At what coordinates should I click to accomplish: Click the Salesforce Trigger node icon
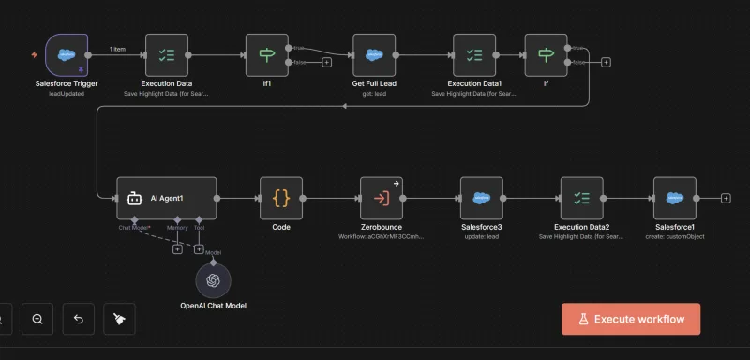click(x=67, y=54)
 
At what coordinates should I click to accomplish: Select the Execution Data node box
click(x=168, y=54)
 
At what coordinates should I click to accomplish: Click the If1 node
click(x=267, y=54)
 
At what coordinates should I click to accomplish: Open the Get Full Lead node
click(x=375, y=54)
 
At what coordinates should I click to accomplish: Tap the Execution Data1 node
click(x=473, y=54)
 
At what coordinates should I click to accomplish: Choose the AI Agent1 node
click(x=166, y=199)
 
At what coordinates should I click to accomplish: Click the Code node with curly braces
click(x=281, y=199)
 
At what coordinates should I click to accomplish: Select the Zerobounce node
click(x=382, y=199)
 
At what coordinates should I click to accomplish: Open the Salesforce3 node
click(x=481, y=199)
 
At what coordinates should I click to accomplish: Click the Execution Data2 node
click(x=581, y=199)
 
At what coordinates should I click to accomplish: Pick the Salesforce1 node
click(x=675, y=199)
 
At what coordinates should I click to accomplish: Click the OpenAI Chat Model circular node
click(x=213, y=280)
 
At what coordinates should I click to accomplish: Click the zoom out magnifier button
click(x=37, y=319)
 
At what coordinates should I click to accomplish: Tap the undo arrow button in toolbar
click(x=78, y=319)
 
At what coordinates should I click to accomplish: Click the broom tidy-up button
click(x=119, y=319)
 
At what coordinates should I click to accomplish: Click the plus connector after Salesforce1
click(x=726, y=199)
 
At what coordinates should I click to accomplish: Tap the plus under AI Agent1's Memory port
click(x=177, y=248)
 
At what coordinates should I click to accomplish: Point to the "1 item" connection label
click(x=118, y=48)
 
